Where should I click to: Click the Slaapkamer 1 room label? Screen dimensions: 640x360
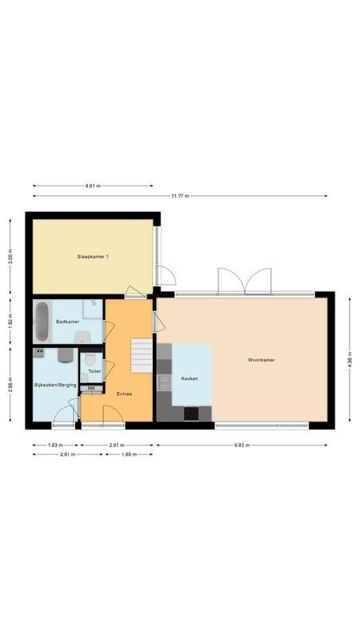[x=92, y=256]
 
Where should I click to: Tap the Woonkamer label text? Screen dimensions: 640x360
[x=261, y=360]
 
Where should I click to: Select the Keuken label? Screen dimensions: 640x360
[x=190, y=378]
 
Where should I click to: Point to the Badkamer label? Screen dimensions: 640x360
[x=66, y=322]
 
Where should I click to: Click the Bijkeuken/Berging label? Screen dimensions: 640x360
[x=55, y=385]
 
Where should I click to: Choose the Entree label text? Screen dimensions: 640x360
[x=124, y=394]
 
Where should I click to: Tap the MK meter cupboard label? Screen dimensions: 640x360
[x=91, y=389]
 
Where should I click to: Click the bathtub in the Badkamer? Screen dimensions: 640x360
[x=42, y=322]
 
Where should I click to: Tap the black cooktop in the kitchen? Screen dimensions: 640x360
[x=191, y=413]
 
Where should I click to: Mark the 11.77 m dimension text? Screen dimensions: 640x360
[x=180, y=196]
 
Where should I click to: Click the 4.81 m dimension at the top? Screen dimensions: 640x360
[x=93, y=186]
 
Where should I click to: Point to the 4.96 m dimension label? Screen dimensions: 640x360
[x=350, y=361]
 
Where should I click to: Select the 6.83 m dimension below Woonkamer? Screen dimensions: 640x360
[x=242, y=445]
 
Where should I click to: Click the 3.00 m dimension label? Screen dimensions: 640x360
[x=10, y=256]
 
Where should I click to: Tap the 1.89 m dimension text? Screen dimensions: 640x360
[x=128, y=454]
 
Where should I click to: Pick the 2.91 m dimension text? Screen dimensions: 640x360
[x=117, y=445]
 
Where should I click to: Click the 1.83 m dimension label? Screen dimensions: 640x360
[x=55, y=445]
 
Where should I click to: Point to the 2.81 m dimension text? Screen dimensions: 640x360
[x=67, y=454]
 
